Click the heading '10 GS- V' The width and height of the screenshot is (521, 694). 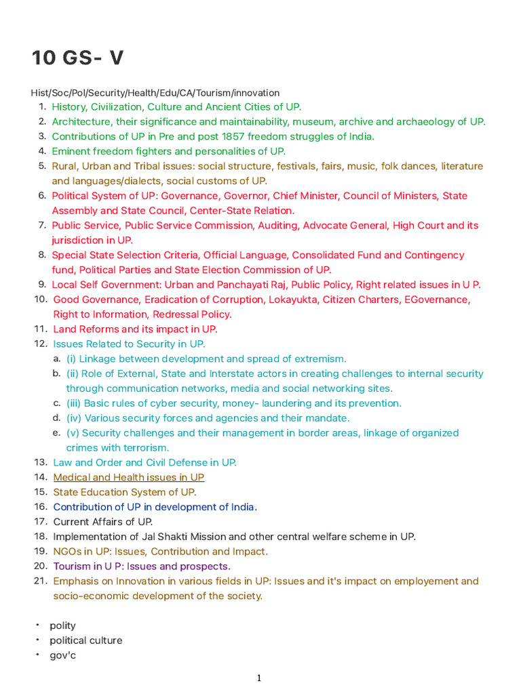77,58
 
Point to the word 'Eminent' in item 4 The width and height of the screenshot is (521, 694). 72,152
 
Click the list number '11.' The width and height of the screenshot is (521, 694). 39,329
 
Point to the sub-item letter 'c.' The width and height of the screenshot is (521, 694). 57,403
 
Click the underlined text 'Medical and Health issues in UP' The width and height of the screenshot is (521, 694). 129,478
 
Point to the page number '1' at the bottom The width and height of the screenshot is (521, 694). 259,678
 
